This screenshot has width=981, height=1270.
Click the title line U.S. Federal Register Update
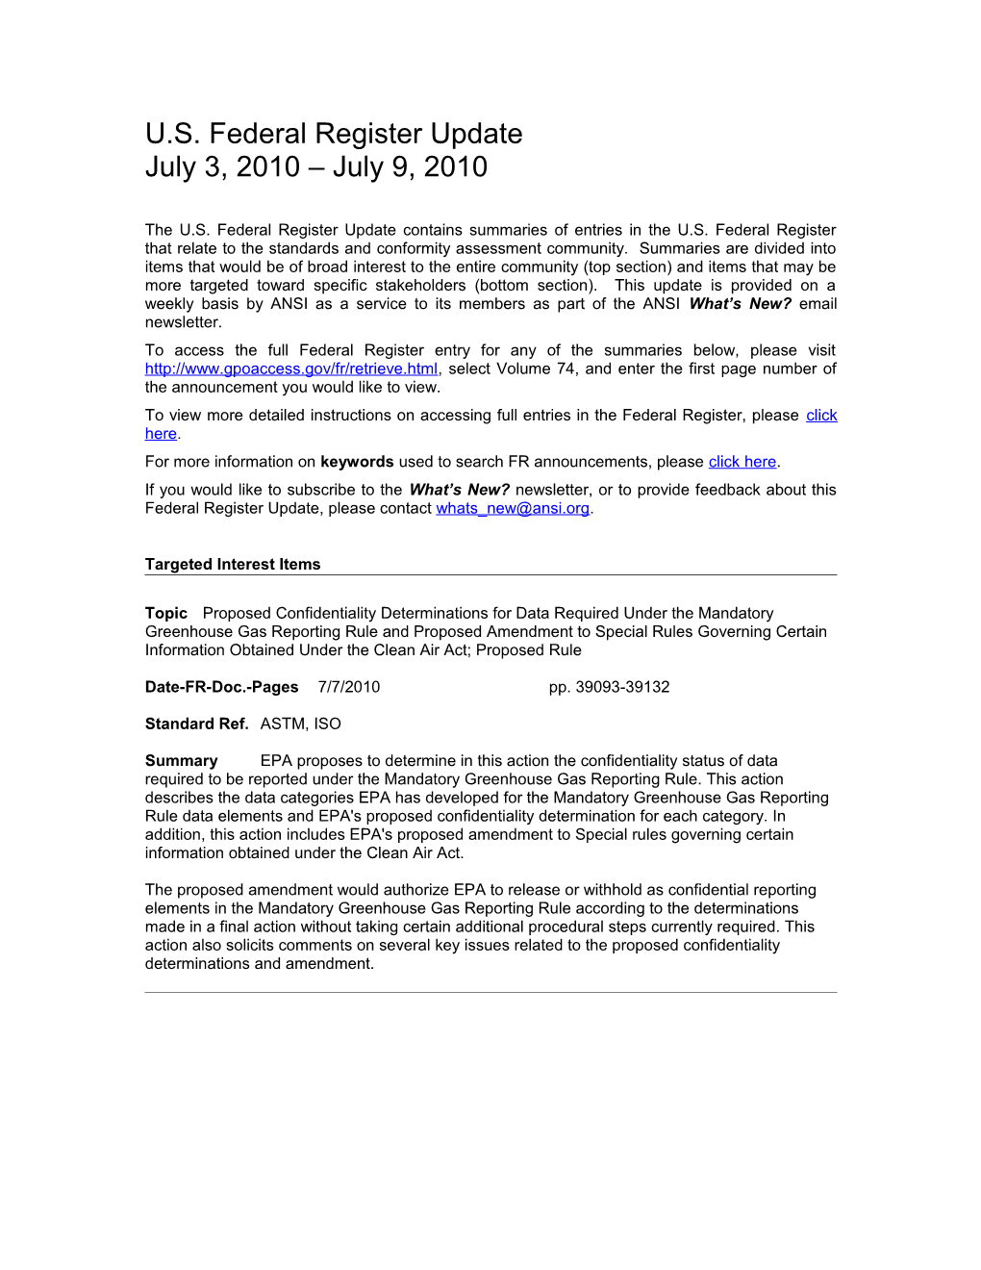click(x=334, y=134)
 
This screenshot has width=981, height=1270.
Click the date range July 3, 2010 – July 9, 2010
click(x=315, y=167)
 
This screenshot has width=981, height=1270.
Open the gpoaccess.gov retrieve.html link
click(x=291, y=369)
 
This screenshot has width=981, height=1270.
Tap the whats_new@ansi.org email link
click(x=512, y=509)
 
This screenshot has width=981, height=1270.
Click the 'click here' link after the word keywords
click(x=742, y=462)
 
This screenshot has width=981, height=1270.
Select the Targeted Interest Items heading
click(x=233, y=565)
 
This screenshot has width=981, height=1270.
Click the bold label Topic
click(x=166, y=614)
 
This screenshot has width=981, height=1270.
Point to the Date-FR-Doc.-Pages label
click(x=221, y=688)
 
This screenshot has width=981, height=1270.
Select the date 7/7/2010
click(x=348, y=688)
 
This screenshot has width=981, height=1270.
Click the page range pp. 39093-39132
click(x=609, y=688)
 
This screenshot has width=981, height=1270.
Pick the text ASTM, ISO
click(x=300, y=724)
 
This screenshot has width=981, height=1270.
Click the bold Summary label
click(x=181, y=761)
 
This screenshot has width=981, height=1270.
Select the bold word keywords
click(x=357, y=462)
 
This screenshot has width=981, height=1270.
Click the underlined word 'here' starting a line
click(x=161, y=434)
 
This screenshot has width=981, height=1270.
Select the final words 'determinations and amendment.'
click(x=259, y=964)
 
